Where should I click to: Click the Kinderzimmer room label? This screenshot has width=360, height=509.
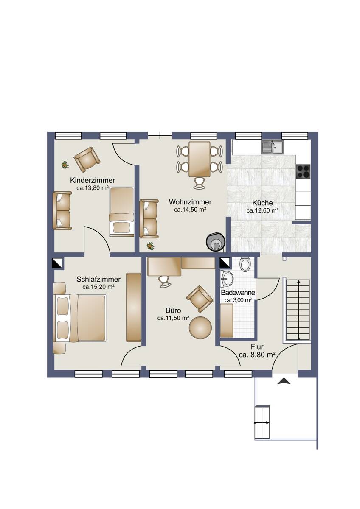tap(93, 180)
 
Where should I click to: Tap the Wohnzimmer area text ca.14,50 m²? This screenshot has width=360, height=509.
tap(190, 210)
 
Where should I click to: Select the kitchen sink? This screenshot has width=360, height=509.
tap(273, 147)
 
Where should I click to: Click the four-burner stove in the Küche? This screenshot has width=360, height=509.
tap(303, 171)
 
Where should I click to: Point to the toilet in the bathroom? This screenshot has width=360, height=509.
tap(245, 264)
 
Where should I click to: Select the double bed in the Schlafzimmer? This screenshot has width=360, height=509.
tap(80, 318)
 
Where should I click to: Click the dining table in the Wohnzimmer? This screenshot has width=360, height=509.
tap(200, 159)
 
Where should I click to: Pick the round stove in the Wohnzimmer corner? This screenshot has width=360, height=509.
tap(215, 241)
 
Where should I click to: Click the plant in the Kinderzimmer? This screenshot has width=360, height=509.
tap(65, 165)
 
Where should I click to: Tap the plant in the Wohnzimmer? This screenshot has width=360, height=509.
tap(150, 246)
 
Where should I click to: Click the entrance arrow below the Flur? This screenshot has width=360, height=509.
tap(284, 381)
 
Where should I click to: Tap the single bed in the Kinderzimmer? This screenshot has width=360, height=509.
tap(122, 212)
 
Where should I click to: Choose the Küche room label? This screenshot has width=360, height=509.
tap(262, 203)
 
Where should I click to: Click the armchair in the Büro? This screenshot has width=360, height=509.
tap(200, 299)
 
